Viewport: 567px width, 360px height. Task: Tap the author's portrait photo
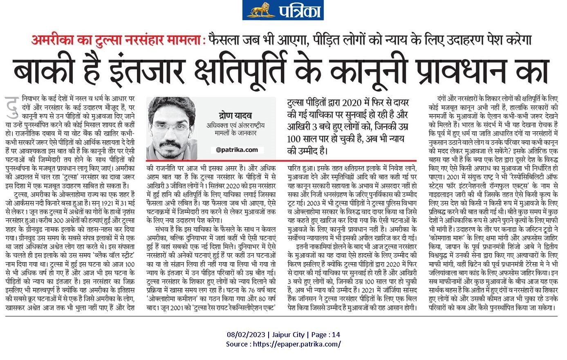tap(172, 128)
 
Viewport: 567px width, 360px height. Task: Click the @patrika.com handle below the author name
tap(234, 150)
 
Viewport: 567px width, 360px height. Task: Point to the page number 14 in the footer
tap(336, 335)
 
